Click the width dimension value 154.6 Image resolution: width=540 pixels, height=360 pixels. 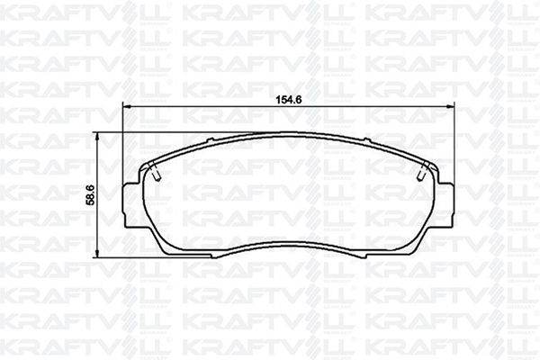point(289,100)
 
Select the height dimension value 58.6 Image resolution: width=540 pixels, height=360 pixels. point(91,194)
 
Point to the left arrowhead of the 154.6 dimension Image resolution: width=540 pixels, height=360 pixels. point(128,106)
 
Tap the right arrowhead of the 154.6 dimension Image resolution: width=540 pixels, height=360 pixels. point(451,106)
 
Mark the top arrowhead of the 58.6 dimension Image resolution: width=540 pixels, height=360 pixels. point(97,137)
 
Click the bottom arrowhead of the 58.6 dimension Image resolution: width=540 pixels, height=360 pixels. point(97,253)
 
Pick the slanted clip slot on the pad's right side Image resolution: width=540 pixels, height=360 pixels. point(423,171)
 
